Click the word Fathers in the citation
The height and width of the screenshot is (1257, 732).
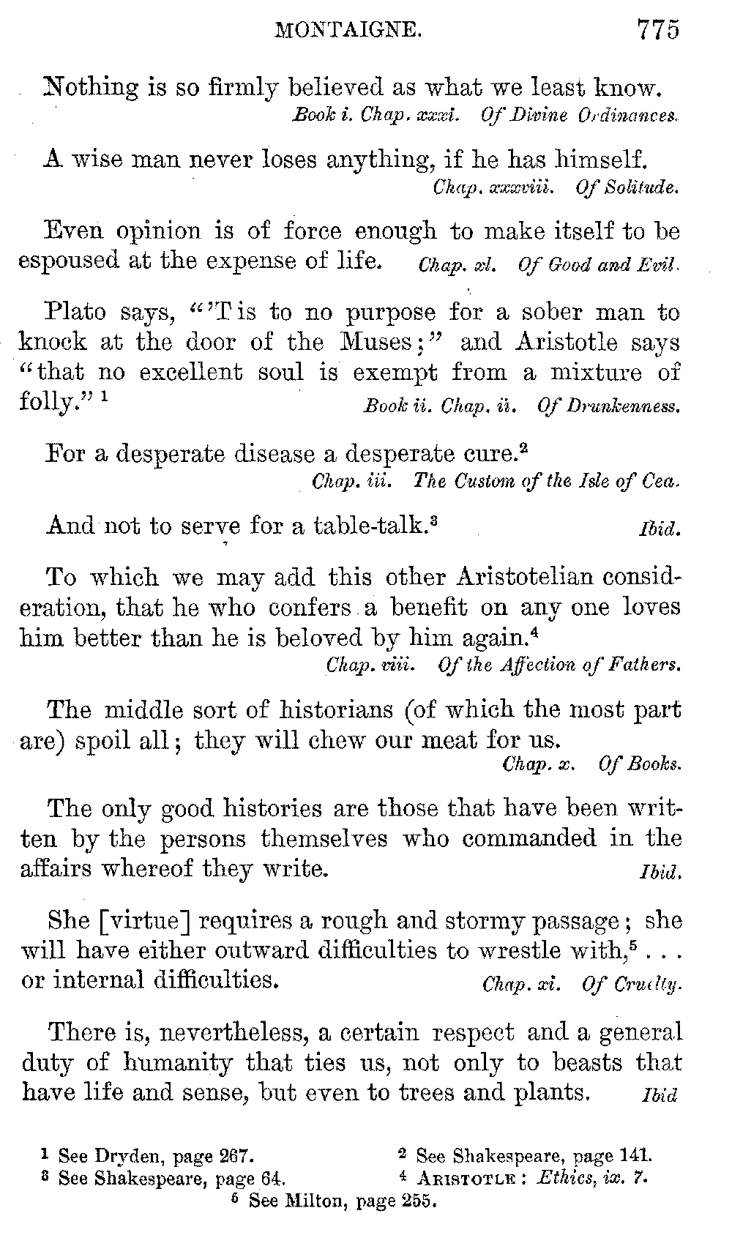click(x=649, y=665)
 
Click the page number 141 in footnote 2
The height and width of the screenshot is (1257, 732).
click(x=634, y=1157)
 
